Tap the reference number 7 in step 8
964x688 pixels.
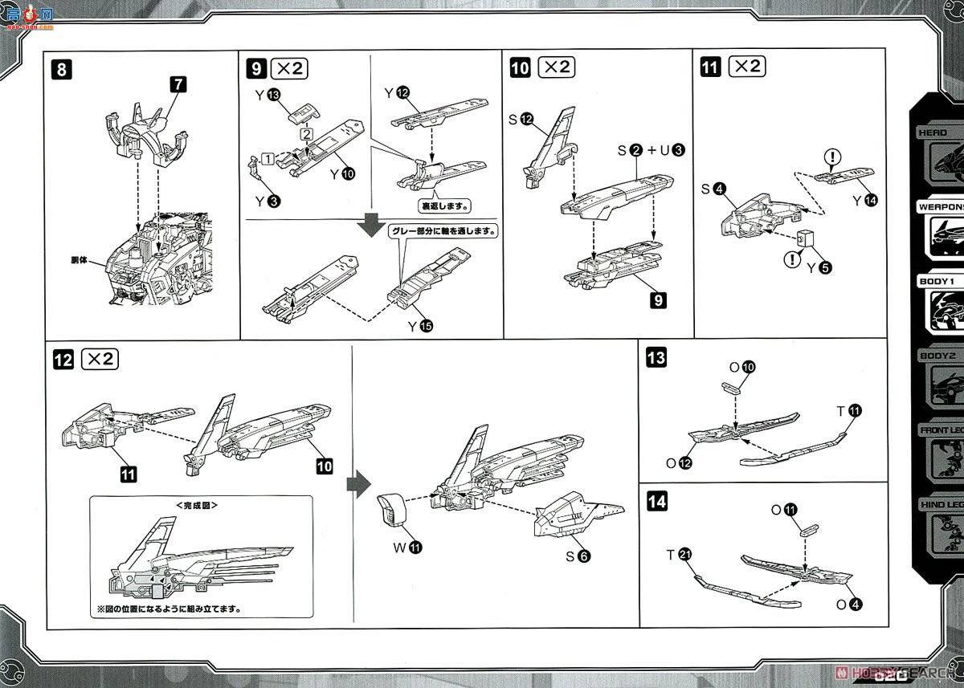pyautogui.click(x=178, y=83)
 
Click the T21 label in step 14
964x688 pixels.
pyautogui.click(x=680, y=555)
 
